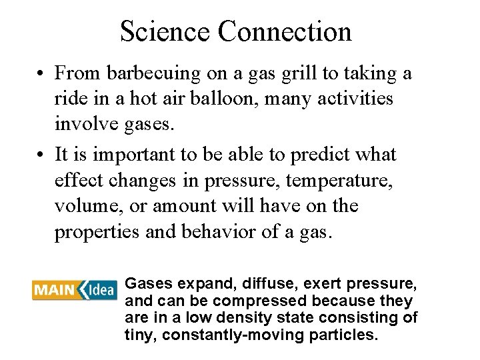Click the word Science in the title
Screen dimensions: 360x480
coord(165,31)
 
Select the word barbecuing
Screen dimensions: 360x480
coord(145,73)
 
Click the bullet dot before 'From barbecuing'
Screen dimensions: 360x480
coord(41,73)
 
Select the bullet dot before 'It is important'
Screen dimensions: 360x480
coord(41,155)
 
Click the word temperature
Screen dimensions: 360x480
coord(339,181)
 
